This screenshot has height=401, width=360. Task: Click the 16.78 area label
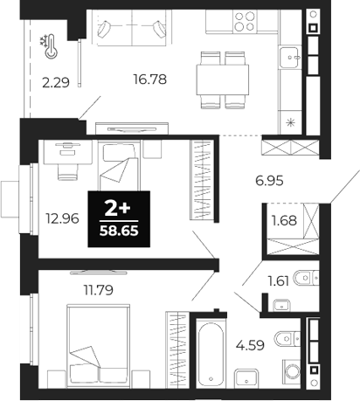pyautogui.click(x=149, y=80)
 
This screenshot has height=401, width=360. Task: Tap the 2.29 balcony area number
pyautogui.click(x=55, y=85)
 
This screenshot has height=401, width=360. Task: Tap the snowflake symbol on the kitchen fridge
pyautogui.click(x=288, y=120)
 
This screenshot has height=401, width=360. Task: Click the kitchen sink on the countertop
pyautogui.click(x=289, y=59)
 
